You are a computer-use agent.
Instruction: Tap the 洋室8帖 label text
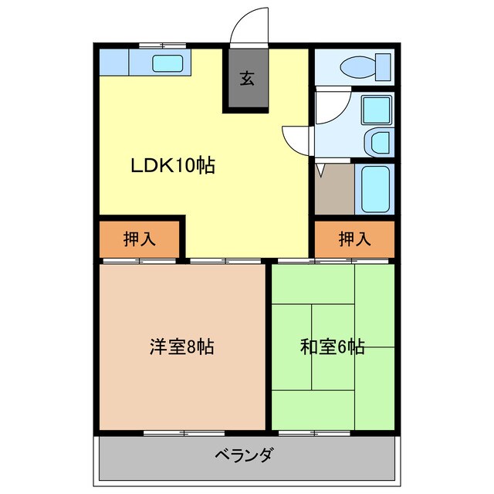(x=181, y=347)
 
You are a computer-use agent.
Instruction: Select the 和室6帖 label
(x=332, y=347)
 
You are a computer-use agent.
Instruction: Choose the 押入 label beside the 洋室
(x=140, y=239)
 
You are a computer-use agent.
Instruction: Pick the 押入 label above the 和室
(x=354, y=239)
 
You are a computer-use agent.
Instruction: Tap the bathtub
(x=377, y=190)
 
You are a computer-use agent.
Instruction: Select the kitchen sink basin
(x=166, y=64)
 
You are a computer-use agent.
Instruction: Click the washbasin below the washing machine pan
(x=380, y=141)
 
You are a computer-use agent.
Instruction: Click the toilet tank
(x=384, y=68)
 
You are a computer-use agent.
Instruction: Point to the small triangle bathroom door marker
(x=320, y=167)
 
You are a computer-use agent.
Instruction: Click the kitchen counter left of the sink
(x=120, y=62)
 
